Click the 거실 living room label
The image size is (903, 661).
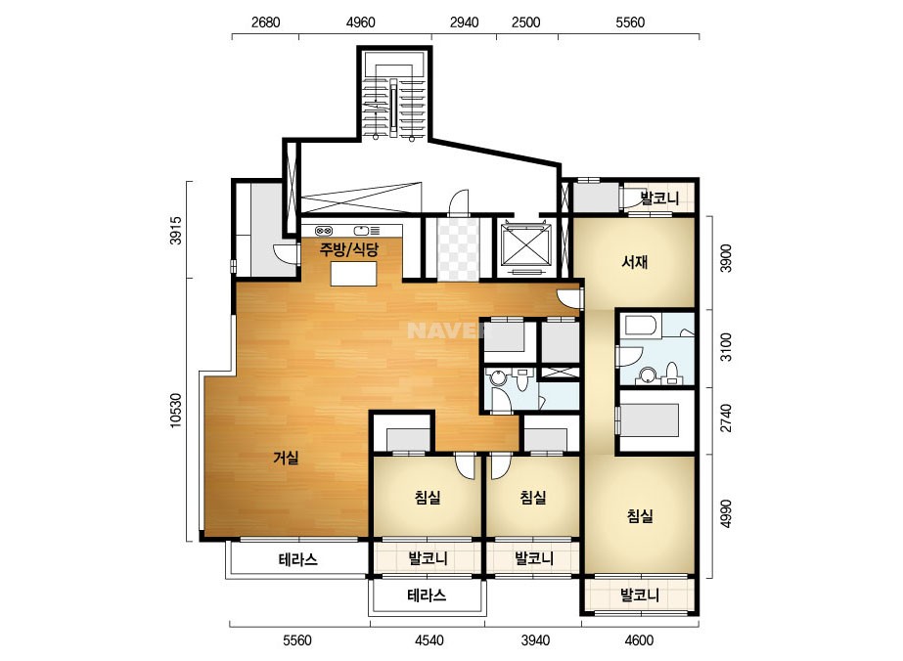point(286,458)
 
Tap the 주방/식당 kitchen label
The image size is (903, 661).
point(349,250)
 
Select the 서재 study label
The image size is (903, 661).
point(635,262)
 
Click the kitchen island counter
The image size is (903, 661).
point(353,274)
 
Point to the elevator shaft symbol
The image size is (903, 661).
point(525,245)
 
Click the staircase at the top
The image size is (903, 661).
point(394,95)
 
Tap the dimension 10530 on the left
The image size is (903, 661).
point(176,410)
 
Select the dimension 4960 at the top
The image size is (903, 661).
point(360,22)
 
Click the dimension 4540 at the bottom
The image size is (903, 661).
point(429,640)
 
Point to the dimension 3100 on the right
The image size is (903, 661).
point(727,346)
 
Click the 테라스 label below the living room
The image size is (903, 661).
point(297,559)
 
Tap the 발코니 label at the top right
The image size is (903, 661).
point(660,198)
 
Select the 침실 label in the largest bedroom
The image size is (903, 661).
point(640,515)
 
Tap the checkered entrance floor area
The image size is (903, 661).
point(459,248)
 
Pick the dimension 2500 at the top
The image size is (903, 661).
point(525,22)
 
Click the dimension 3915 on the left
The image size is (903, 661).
point(176,231)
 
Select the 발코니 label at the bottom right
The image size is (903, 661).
point(639,595)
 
